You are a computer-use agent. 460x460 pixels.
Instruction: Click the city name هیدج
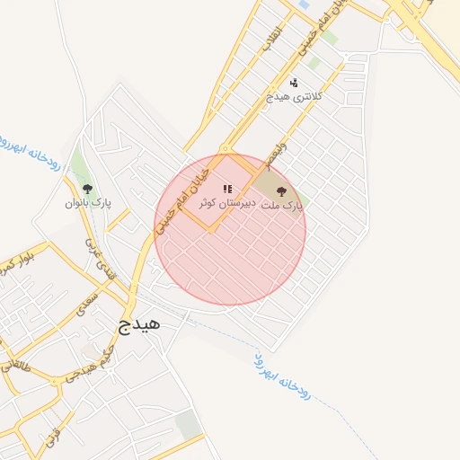tap(138, 323)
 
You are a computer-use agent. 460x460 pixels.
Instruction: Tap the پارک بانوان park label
tap(87, 203)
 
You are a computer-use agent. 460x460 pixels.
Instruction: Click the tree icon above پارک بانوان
tap(87, 189)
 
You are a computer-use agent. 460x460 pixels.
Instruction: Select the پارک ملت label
tap(281, 206)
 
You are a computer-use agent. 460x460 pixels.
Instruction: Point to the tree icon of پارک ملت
tap(282, 190)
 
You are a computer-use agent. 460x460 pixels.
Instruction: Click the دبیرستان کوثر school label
tap(226, 204)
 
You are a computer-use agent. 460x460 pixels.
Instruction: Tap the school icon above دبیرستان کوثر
tap(227, 189)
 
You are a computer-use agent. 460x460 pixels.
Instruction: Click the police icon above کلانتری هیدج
tap(295, 82)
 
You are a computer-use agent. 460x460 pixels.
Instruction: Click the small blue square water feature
tap(303, 5)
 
